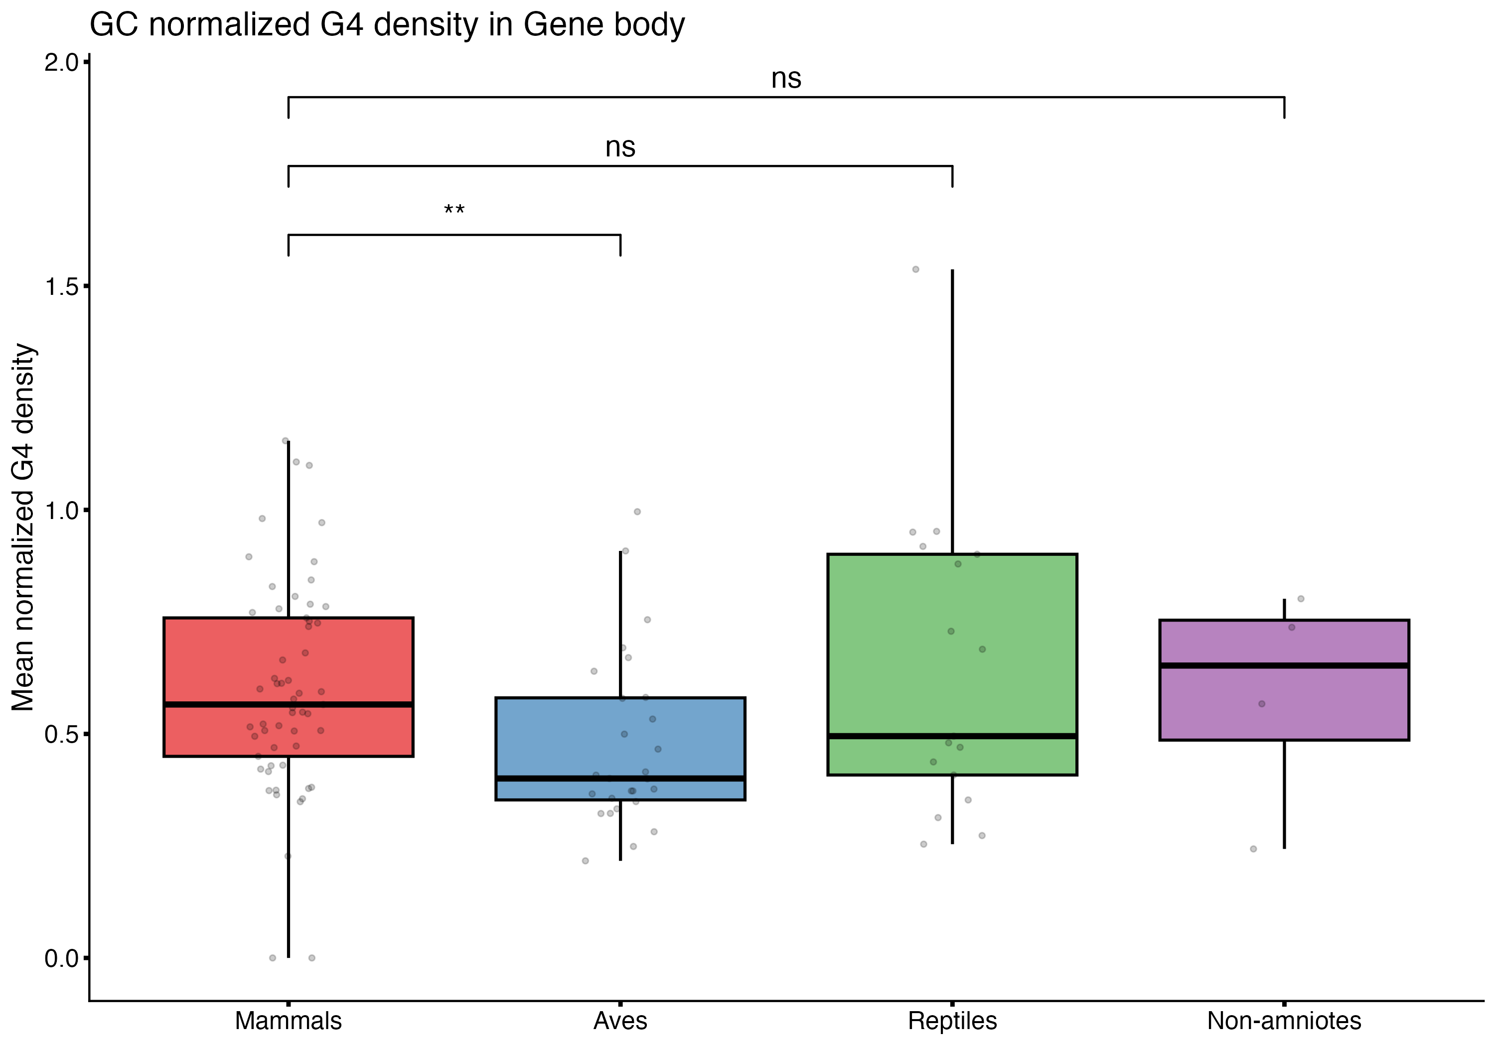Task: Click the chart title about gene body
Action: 387,26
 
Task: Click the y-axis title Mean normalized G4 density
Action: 23,527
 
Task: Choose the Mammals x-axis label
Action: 288,1021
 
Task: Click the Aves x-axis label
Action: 620,1021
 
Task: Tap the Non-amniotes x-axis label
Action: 1284,1021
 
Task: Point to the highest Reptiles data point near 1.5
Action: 915,269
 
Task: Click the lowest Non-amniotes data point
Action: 1253,849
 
